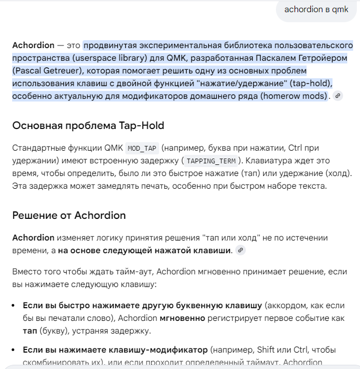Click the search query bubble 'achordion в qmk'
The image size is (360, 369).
316,10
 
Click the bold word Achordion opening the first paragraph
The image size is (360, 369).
33,45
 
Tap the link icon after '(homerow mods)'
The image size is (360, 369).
338,96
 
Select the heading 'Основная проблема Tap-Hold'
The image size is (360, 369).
88,125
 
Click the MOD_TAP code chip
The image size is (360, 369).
142,148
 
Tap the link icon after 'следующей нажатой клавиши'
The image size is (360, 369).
241,250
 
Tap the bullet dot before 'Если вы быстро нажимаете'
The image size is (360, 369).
15,306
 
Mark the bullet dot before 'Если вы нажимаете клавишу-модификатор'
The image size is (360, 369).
15,350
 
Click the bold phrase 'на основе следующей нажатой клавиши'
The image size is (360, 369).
144,250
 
